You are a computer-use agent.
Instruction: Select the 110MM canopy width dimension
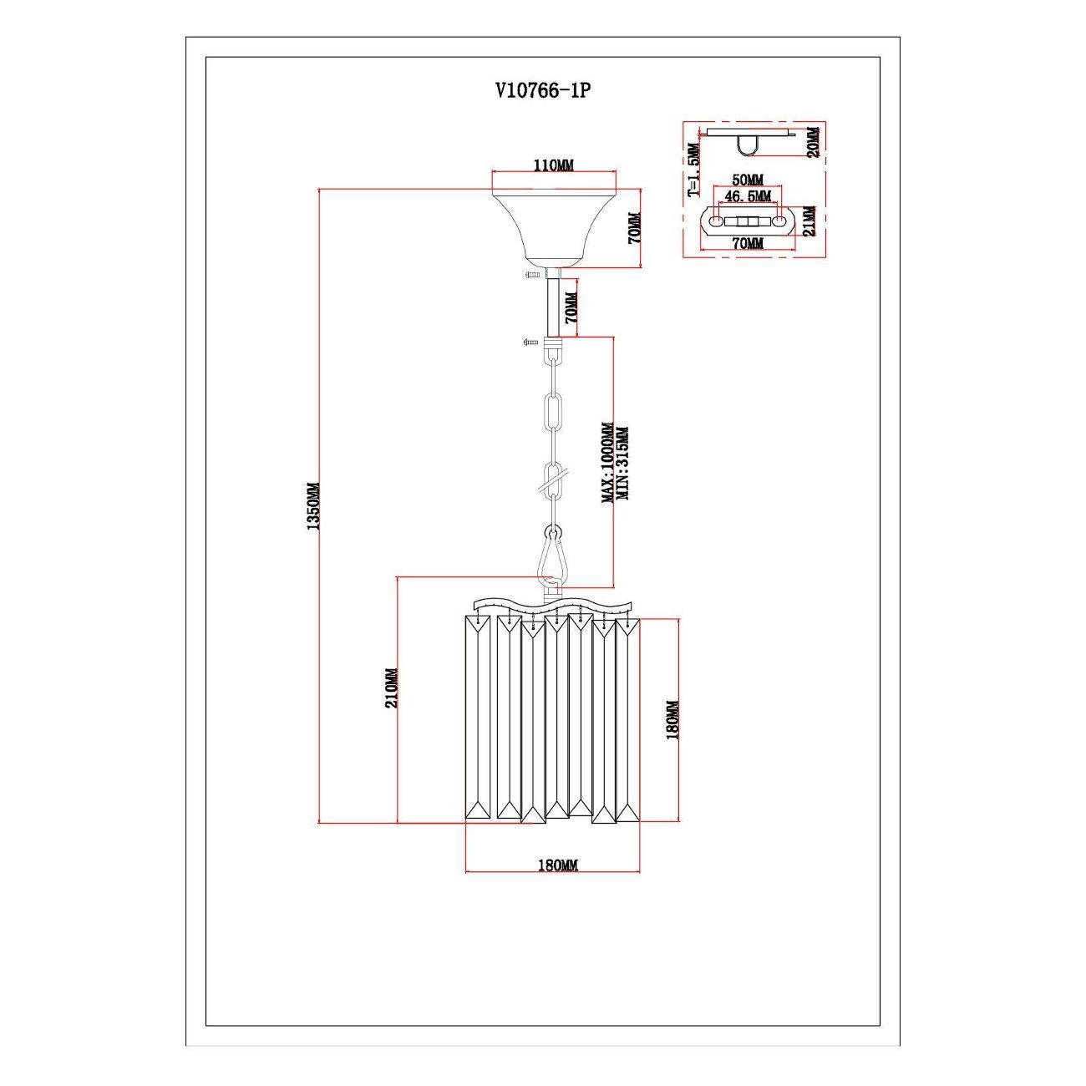(553, 166)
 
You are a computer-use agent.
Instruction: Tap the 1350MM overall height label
(312, 506)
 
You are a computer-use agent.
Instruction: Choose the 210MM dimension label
(390, 688)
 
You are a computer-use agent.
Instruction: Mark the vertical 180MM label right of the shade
(673, 719)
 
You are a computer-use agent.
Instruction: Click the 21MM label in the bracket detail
(808, 221)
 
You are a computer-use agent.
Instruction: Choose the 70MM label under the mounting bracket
(748, 243)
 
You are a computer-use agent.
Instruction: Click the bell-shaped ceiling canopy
(553, 226)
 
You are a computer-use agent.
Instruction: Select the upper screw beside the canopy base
(532, 275)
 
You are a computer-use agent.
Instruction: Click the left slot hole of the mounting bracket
(717, 222)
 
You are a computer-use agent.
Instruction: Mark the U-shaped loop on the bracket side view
(747, 147)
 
